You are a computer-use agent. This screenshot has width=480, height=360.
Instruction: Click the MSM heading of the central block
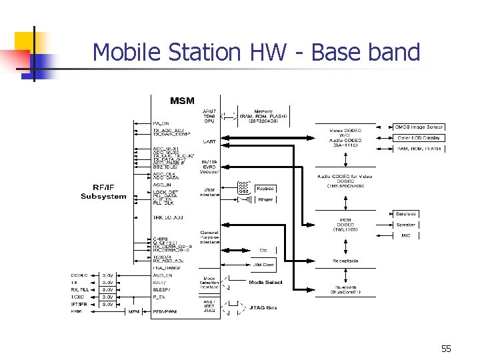click(x=182, y=101)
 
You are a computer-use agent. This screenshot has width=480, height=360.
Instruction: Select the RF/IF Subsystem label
click(x=103, y=192)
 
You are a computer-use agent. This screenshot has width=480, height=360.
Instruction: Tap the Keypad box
click(x=265, y=189)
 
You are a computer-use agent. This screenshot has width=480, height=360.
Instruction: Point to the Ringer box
click(x=265, y=199)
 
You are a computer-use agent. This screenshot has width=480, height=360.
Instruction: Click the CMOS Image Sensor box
click(x=419, y=127)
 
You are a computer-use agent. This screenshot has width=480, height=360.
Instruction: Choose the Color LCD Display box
click(x=419, y=138)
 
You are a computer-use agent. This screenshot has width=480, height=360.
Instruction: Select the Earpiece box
click(x=405, y=214)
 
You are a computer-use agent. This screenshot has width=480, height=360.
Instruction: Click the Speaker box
click(x=405, y=225)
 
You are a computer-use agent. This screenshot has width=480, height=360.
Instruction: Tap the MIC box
click(x=405, y=235)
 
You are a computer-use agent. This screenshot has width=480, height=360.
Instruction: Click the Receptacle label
click(x=345, y=261)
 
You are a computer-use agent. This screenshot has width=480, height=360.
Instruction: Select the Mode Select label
click(x=265, y=283)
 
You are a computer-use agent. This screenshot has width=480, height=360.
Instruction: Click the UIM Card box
click(x=263, y=265)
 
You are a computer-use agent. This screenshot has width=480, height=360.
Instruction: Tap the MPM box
click(x=134, y=311)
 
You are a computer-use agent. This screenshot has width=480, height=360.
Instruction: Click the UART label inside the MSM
click(x=209, y=141)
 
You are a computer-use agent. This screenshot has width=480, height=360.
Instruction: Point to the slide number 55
click(x=446, y=349)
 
